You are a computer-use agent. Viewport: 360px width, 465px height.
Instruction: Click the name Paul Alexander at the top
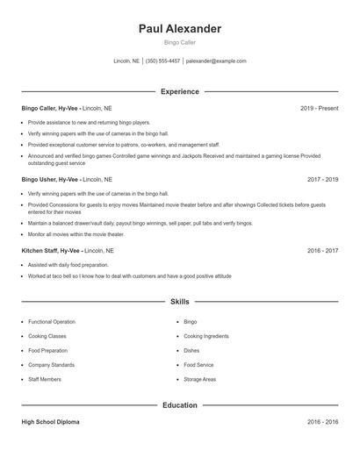[x=180, y=29]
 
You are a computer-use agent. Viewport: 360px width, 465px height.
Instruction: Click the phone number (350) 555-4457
[x=162, y=61]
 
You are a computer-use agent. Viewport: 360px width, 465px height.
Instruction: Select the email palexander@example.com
[x=216, y=61]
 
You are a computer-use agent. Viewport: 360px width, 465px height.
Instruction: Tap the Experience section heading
[x=180, y=91]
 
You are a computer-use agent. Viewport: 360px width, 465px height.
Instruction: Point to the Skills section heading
[x=180, y=302]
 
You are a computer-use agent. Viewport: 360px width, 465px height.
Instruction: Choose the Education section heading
[x=180, y=405]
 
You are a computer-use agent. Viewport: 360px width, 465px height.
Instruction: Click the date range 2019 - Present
[x=319, y=108]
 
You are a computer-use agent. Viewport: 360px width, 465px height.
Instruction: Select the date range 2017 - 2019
[x=322, y=179]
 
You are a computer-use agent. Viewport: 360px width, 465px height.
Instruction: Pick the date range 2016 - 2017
[x=322, y=250]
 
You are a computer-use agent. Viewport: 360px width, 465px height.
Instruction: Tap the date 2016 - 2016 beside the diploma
[x=322, y=422]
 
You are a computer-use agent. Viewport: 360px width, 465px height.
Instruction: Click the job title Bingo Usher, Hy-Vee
[x=50, y=179]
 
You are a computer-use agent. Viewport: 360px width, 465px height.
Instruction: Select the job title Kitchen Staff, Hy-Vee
[x=51, y=250]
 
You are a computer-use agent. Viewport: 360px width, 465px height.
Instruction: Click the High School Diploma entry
[x=50, y=422]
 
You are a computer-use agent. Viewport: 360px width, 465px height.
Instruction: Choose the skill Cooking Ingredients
[x=206, y=336]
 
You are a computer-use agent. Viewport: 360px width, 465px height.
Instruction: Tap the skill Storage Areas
[x=199, y=379]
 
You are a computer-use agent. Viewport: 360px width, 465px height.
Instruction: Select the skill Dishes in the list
[x=192, y=351]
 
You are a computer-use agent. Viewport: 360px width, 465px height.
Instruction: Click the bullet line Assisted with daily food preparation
[x=68, y=264]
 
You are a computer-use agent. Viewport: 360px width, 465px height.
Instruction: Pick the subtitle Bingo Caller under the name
[x=180, y=42]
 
